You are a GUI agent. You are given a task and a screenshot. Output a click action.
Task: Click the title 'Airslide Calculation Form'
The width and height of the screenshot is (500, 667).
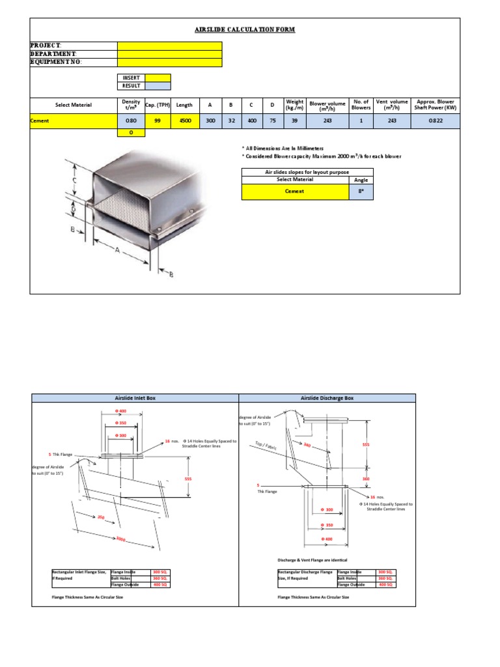tap(245, 30)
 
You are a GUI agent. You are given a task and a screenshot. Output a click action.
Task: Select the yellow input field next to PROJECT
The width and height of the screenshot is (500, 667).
tap(169, 46)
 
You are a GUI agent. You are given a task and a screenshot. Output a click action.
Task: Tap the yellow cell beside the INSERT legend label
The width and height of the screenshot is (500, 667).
tap(158, 78)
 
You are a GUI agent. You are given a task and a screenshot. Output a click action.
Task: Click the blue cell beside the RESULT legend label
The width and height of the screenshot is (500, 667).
tap(158, 86)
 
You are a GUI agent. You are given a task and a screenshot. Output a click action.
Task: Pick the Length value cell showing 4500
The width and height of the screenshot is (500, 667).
tap(184, 121)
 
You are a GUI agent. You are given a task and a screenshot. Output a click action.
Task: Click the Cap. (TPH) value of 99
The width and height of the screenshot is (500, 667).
tap(158, 121)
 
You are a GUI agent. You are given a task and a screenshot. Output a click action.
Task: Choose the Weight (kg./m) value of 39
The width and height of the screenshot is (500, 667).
tap(294, 121)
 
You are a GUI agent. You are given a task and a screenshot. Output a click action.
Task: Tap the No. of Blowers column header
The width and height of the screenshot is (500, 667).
tap(361, 105)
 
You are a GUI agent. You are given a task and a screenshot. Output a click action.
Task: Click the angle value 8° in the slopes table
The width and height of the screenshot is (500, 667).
tap(361, 192)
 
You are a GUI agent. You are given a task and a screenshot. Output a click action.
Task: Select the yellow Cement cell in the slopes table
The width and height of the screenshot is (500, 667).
tap(295, 192)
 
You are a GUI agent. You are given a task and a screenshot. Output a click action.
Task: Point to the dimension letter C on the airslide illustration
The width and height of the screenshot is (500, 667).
tap(75, 180)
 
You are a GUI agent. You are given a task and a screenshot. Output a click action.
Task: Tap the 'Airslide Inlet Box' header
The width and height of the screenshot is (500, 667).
tap(135, 397)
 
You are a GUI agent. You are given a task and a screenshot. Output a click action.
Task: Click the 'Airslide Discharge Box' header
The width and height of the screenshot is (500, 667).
tap(327, 397)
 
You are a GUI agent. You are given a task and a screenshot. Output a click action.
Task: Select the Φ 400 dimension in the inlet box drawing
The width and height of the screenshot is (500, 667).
tap(121, 412)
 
